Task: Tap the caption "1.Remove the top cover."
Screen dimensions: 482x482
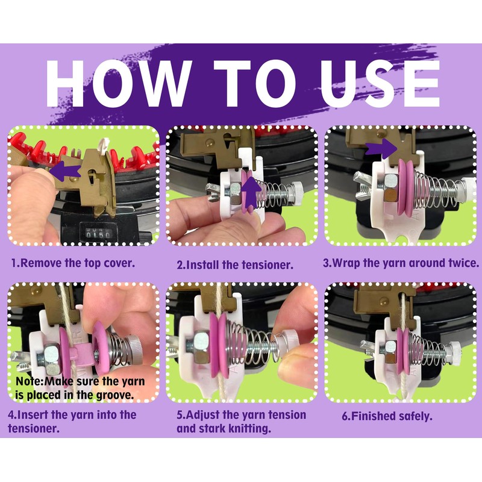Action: click(73, 263)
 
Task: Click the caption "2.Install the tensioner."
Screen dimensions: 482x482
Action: click(235, 265)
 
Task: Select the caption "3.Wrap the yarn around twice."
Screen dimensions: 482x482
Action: click(401, 263)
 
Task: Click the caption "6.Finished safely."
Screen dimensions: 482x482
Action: click(387, 416)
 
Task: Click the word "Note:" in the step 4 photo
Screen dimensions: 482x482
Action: click(30, 381)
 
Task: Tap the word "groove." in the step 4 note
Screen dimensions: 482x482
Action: click(115, 395)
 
